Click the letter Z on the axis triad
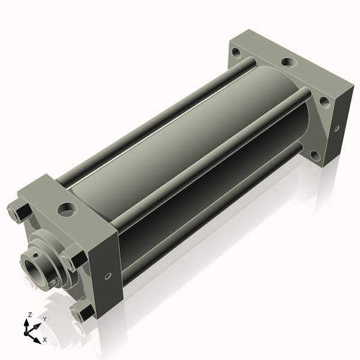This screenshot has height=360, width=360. pos(29,314)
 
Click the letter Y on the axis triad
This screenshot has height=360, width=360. pos(45,319)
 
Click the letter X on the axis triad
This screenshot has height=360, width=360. pos(45,340)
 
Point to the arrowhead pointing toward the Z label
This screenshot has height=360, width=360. pos(26,323)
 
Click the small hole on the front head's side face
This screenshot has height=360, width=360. pos(108,276)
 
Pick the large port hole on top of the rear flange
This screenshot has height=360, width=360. pos(289,62)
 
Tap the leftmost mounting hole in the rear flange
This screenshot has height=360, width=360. pos(237,52)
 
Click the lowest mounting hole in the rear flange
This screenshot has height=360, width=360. pos(315,155)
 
